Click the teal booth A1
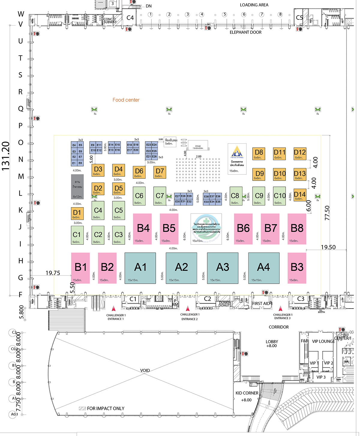click(x=140, y=268)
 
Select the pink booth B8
click(x=297, y=229)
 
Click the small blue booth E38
click(x=206, y=196)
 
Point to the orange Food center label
click(x=126, y=100)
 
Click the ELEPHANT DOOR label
click(x=245, y=32)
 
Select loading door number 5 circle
click(x=224, y=14)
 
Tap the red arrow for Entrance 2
click(x=188, y=309)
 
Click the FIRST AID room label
click(x=261, y=303)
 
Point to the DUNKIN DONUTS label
click(x=225, y=304)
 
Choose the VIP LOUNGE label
click(x=323, y=341)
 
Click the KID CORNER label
click(x=247, y=393)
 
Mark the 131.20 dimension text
click(x=6, y=156)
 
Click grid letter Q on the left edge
click(x=21, y=109)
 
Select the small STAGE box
click(x=198, y=146)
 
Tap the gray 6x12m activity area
click(x=77, y=187)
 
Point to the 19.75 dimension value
click(x=53, y=273)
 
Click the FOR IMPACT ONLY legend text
click(x=105, y=408)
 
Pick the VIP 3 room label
click(x=321, y=377)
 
